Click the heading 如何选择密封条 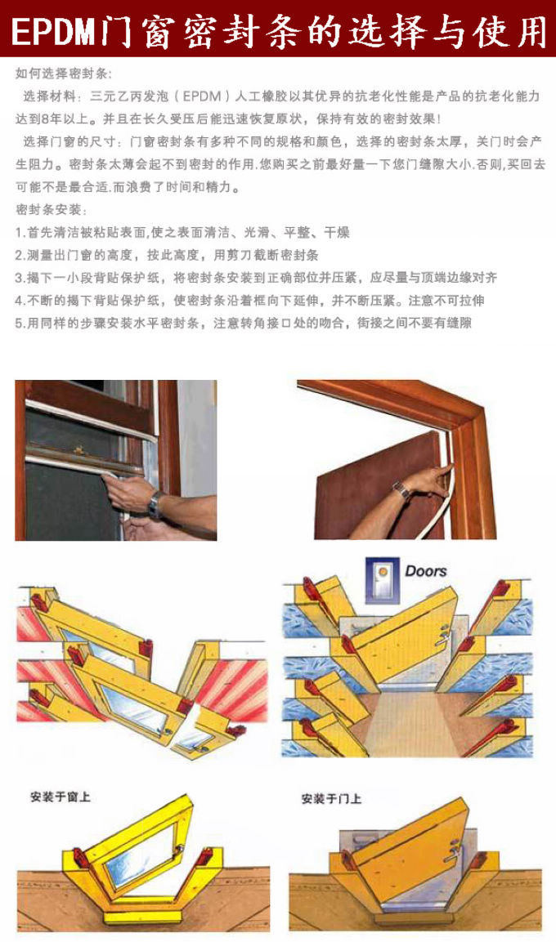click(x=61, y=74)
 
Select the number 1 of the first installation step click(x=18, y=233)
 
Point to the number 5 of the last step click(x=19, y=324)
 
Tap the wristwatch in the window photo click(x=155, y=504)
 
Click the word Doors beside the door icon click(x=426, y=571)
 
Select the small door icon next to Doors click(x=383, y=580)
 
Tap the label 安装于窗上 click(x=61, y=797)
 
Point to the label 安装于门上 click(x=331, y=799)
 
